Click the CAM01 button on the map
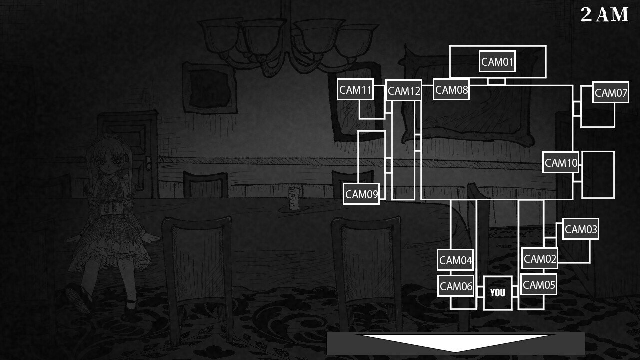point(497,62)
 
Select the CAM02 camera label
point(540,259)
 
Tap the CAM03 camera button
point(580,229)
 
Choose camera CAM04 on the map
point(455,260)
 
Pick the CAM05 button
point(539,285)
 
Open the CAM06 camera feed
point(456,286)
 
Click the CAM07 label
point(610,93)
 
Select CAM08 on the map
point(451,90)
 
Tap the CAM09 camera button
point(361,194)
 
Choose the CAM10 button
point(561,163)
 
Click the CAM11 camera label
point(355,90)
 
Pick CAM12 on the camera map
point(404,91)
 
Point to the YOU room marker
point(498,293)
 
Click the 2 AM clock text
point(604,15)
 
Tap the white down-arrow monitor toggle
point(455,343)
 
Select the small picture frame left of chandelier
point(209,88)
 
